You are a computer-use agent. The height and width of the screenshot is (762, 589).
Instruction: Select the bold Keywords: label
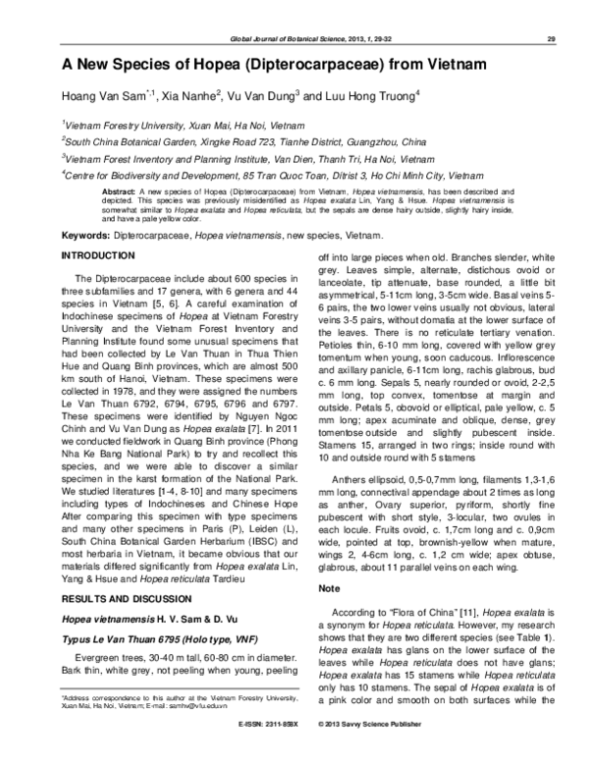click(x=90, y=237)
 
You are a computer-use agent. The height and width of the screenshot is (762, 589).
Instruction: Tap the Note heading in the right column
click(x=329, y=588)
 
